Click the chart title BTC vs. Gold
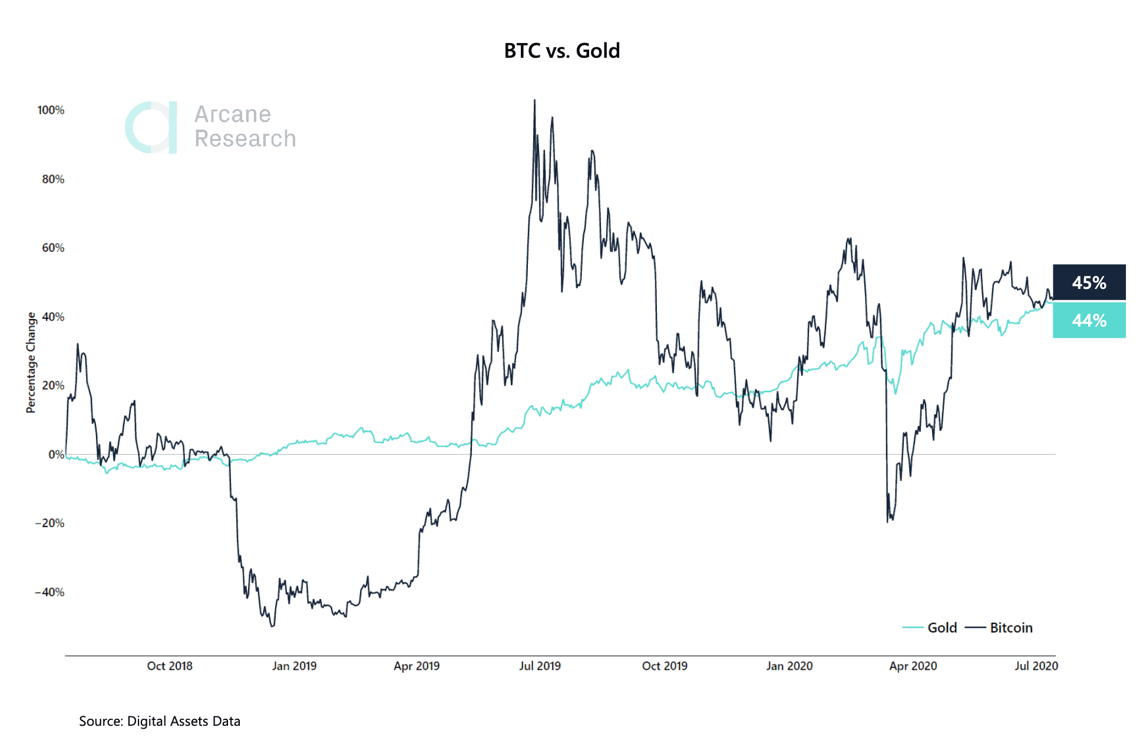[561, 51]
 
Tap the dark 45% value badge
[1089, 282]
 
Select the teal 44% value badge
[1089, 320]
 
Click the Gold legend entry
[942, 627]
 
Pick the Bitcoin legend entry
[1010, 627]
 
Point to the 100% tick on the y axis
[51, 110]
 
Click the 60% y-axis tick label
[53, 248]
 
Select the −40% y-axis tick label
[50, 592]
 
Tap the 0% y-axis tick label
[56, 455]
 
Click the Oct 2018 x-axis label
[170, 666]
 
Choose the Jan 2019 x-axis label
[294, 666]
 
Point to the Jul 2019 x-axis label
[540, 666]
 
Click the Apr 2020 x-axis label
[913, 666]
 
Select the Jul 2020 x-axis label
[1036, 666]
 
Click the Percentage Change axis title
[31, 363]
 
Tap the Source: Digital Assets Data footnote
[160, 721]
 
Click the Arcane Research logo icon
[151, 127]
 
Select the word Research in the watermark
[245, 139]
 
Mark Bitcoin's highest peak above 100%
[534, 101]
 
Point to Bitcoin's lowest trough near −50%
[272, 626]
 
